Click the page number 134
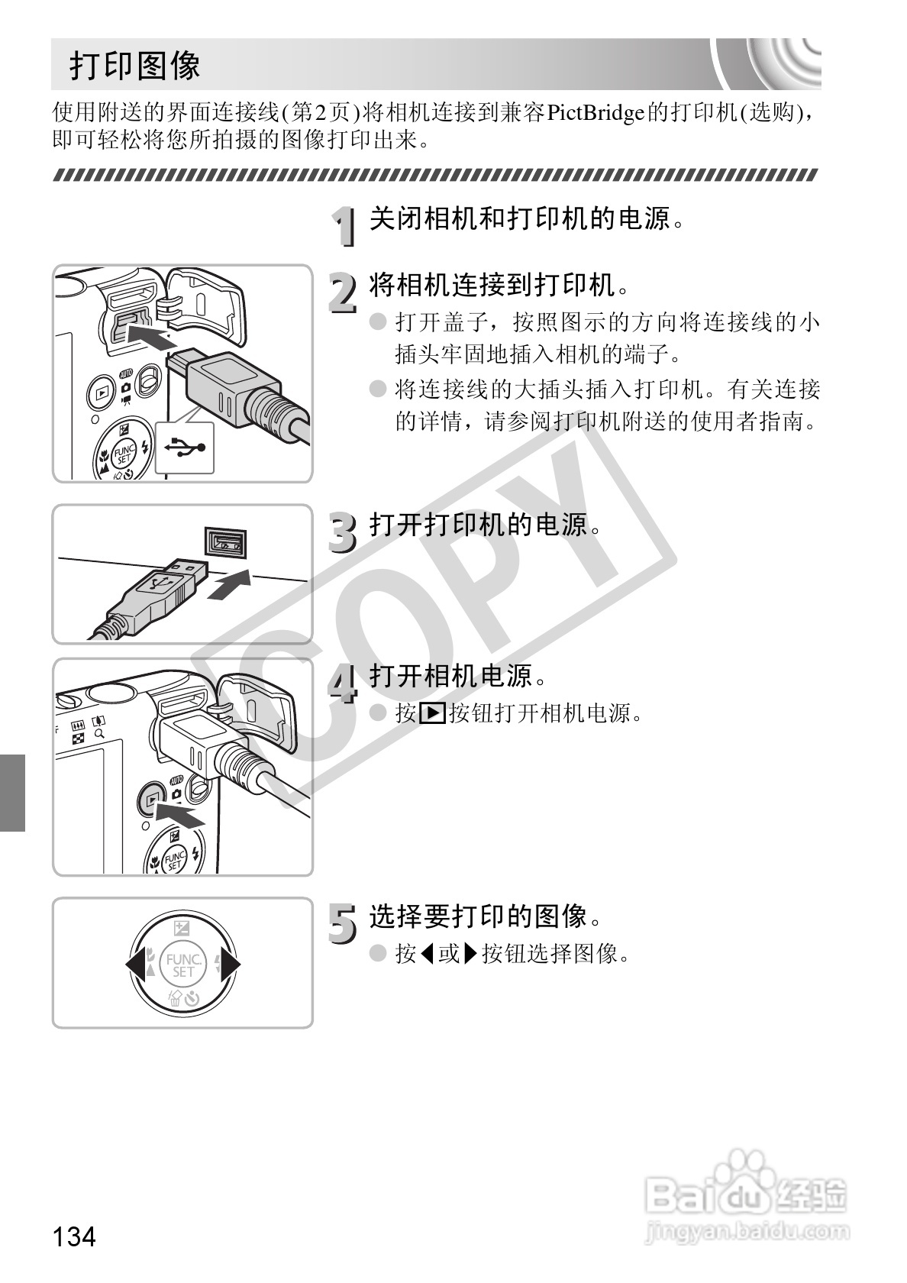point(74,1236)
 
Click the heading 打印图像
point(135,65)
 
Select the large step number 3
point(343,533)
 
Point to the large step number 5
point(343,923)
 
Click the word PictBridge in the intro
point(596,113)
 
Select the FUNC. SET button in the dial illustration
point(183,965)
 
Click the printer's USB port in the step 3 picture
point(226,541)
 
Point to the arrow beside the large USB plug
point(231,585)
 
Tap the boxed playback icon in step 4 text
point(432,713)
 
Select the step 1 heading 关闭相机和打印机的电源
point(527,218)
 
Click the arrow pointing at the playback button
point(180,814)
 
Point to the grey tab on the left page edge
point(12,792)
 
